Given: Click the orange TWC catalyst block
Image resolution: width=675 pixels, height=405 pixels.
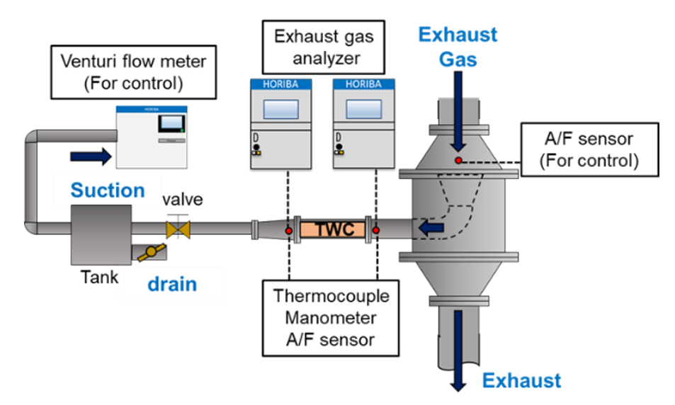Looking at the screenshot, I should pos(332,229).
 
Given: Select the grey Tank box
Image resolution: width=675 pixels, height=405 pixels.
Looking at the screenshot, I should pos(101,233).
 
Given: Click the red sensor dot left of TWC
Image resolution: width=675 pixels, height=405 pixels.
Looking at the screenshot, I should pos(289,230).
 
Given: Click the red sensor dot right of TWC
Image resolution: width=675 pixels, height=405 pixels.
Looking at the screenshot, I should pos(376,230).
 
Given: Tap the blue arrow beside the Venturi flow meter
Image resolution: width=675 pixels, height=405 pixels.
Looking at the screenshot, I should pos(91,156).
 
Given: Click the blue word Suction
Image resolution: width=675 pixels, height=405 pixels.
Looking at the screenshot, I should pos(108,190).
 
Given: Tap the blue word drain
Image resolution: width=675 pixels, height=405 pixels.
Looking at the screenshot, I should pos(172,285).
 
